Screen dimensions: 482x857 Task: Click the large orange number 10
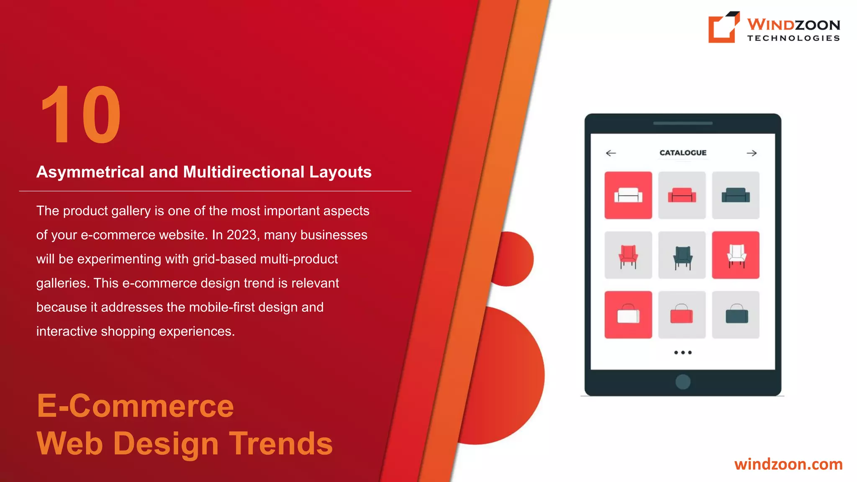tap(81, 114)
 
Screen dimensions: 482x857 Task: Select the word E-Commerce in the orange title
tap(135, 406)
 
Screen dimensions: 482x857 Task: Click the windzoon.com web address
tap(788, 464)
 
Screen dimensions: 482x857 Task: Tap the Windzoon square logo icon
tap(723, 27)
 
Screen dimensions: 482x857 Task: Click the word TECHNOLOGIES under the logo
tap(793, 38)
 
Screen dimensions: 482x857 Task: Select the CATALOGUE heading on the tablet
tap(683, 153)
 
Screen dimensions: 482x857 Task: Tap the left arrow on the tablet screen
tap(611, 153)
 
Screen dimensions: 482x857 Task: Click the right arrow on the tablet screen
tap(752, 153)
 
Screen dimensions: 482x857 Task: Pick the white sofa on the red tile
tap(628, 195)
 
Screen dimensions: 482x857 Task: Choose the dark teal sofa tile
tap(736, 195)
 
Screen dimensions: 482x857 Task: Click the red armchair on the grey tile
tap(628, 255)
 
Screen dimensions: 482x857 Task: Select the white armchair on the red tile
tap(736, 255)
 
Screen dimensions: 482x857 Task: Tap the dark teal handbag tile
tap(736, 315)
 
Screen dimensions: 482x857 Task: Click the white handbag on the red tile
tap(628, 315)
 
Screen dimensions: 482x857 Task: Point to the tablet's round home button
tap(683, 382)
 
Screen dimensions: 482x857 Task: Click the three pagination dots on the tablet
tap(683, 353)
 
